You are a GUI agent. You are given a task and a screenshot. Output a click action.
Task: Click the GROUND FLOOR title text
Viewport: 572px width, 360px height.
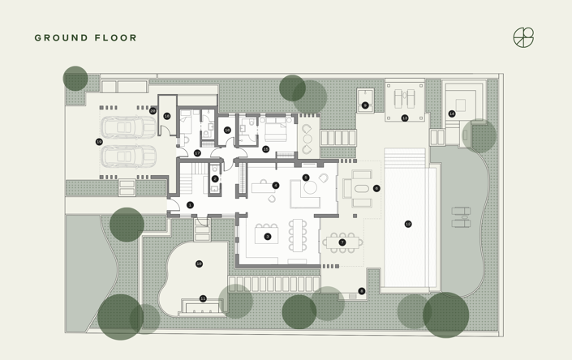pos(86,38)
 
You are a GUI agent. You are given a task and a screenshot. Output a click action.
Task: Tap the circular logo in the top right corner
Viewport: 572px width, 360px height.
pos(524,38)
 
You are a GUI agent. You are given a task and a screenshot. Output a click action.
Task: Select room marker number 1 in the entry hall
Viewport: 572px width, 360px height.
pos(190,205)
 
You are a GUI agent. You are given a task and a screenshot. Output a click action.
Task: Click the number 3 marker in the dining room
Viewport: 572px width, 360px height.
pos(267,237)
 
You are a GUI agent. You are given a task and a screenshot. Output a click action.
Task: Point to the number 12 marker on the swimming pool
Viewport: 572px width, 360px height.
pos(408,224)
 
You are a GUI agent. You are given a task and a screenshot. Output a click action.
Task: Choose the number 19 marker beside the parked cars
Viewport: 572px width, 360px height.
pos(99,141)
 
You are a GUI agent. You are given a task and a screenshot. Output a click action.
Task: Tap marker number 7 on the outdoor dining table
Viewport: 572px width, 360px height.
pos(342,242)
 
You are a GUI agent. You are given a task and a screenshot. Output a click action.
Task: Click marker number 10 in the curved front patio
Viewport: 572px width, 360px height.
pos(199,264)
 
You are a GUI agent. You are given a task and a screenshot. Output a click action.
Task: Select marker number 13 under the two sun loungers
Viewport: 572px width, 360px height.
pos(405,118)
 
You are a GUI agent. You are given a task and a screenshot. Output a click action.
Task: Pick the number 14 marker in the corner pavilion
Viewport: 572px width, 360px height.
pos(452,114)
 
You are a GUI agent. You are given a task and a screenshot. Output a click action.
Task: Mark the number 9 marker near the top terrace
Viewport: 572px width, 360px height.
pos(365,105)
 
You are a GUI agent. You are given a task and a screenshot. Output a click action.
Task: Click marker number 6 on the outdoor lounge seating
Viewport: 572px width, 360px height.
pos(376,189)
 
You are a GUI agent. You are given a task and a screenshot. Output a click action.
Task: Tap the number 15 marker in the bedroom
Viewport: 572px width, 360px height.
pos(265,149)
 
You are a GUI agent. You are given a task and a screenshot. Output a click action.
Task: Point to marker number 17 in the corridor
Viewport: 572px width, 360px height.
pos(197,152)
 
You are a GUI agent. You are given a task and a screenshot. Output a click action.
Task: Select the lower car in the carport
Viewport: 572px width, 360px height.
pos(127,155)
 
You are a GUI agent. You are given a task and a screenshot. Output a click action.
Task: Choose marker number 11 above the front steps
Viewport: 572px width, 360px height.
pos(203,298)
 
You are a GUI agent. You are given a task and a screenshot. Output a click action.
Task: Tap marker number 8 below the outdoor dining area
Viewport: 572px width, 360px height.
pos(362,291)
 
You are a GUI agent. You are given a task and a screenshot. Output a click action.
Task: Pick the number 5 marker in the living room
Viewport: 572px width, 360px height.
pos(306,178)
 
